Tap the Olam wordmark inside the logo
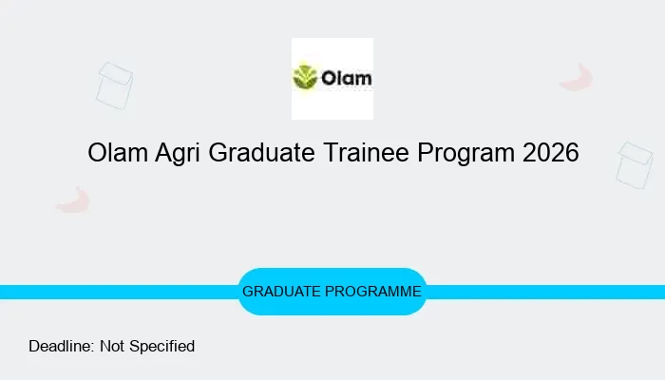pos(344,77)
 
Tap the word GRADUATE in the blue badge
pos(282,292)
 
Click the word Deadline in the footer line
pos(60,347)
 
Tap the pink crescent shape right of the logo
pos(577,78)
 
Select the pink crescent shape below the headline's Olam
pos(73,199)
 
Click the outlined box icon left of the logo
pos(114,85)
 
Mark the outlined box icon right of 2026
pos(634,165)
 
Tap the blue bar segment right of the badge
pos(546,292)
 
